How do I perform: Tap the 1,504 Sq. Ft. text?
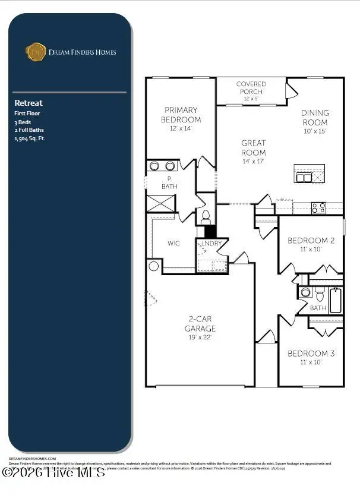[x=30, y=138]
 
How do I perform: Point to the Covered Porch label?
[x=251, y=87]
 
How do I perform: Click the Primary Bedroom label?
[x=181, y=115]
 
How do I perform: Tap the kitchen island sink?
[x=304, y=177]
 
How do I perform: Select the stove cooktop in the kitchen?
[x=318, y=207]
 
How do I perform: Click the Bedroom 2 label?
[x=311, y=241]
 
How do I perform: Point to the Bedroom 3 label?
[x=311, y=354]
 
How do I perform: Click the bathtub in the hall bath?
[x=335, y=301]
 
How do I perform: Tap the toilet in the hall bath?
[x=320, y=293]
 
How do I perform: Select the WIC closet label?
[x=174, y=244]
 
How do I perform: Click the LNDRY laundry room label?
[x=211, y=244]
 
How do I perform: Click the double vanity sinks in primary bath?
[x=162, y=166]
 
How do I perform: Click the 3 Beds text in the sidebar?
[x=23, y=121]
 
